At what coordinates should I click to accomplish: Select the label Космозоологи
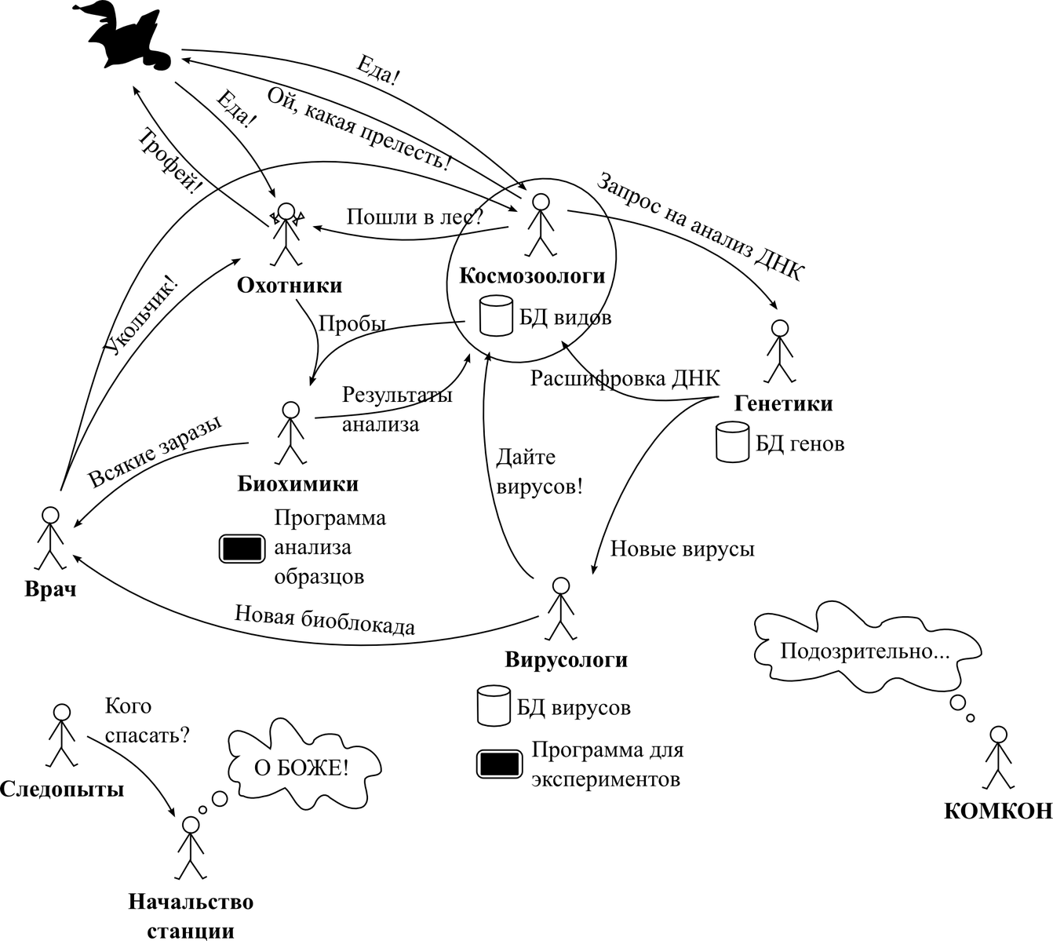(x=532, y=276)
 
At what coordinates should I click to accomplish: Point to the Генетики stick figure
(x=778, y=350)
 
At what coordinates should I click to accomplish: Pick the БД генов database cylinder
(x=733, y=442)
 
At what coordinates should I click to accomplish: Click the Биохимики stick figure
(x=290, y=432)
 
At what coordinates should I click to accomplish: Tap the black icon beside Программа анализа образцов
(x=242, y=548)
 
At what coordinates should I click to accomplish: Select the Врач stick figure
(x=50, y=538)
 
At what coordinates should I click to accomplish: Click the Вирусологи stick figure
(x=560, y=609)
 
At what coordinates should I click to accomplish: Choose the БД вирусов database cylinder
(x=494, y=706)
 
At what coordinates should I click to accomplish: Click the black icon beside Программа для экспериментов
(x=500, y=764)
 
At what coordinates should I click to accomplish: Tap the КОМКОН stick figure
(x=997, y=758)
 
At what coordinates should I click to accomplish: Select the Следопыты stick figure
(x=61, y=735)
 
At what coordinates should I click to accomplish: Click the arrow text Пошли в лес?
(x=414, y=217)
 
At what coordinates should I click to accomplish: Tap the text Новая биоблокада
(x=325, y=620)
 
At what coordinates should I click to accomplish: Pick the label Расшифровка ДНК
(x=625, y=379)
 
